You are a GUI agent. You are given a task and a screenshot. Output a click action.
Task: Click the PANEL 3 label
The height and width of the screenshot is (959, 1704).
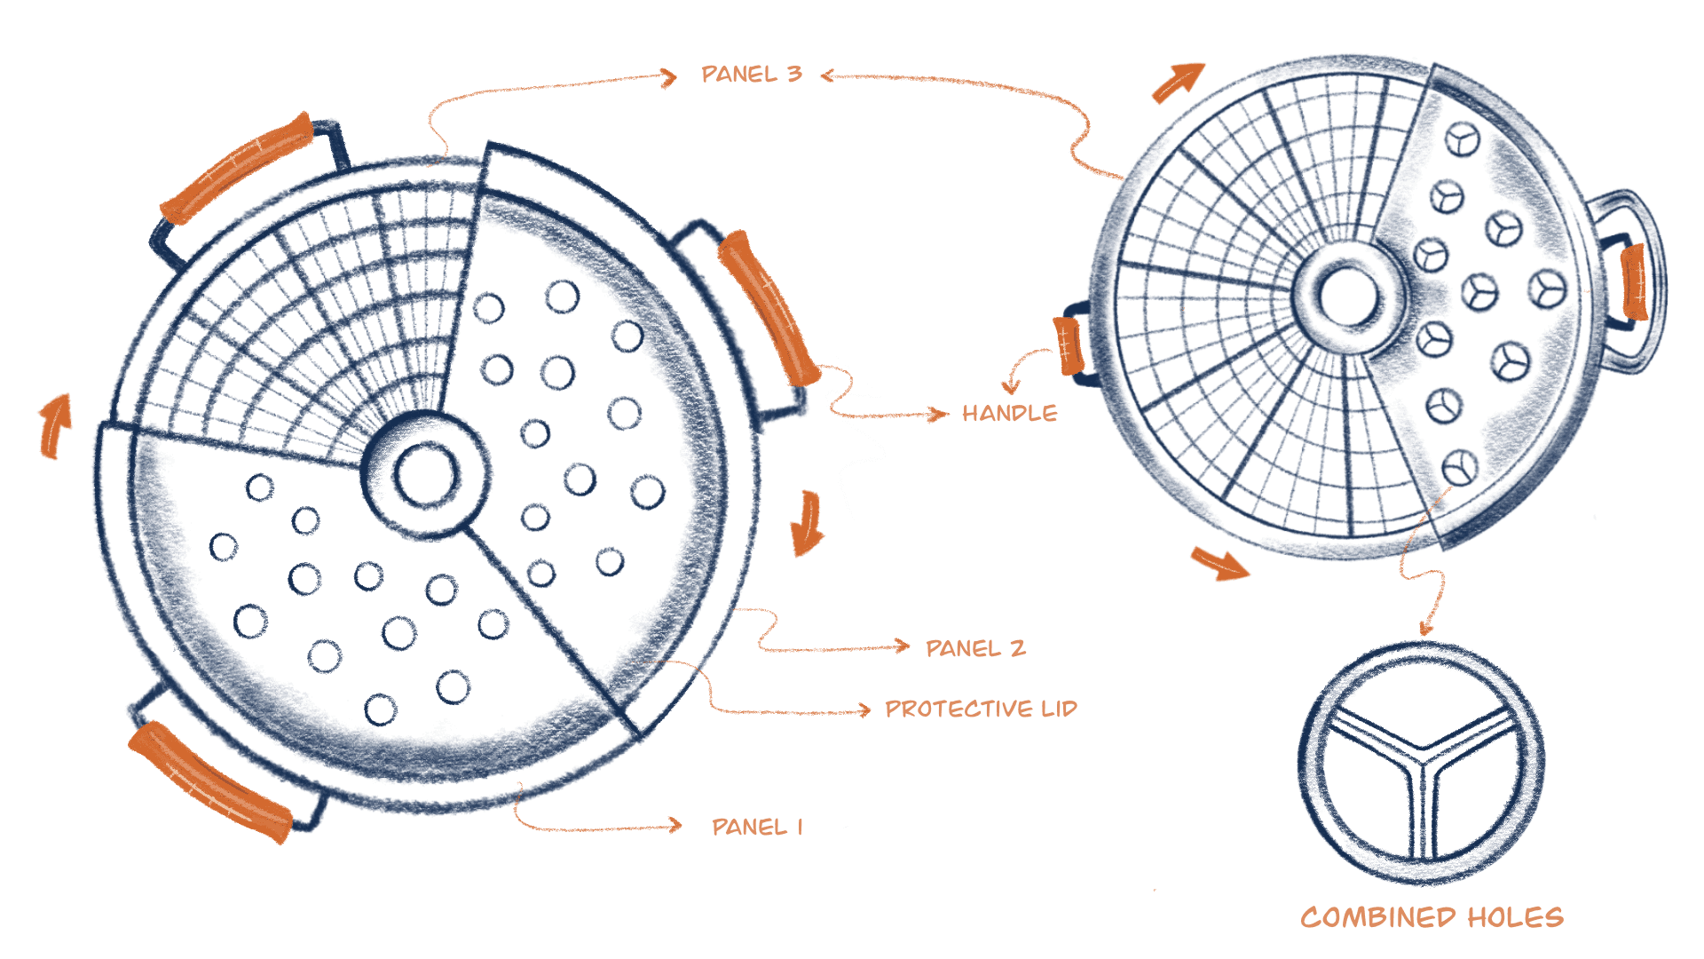[x=751, y=74]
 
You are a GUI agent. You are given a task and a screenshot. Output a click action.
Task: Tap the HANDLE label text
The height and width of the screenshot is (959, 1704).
[x=1009, y=413]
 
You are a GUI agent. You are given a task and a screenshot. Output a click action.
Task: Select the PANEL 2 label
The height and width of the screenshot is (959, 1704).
[x=975, y=648]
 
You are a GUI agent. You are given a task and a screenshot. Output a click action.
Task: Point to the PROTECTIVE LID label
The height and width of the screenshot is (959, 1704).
[x=981, y=709]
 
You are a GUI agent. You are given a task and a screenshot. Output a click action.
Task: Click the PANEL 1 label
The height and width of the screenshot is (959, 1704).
[x=757, y=827]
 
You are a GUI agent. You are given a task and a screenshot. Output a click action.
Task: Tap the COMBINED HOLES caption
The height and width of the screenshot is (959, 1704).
[x=1432, y=917]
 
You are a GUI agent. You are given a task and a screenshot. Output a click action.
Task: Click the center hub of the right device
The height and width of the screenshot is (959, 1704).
[x=1345, y=296]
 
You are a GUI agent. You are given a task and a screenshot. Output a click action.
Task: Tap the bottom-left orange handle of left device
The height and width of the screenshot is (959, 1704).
[x=209, y=781]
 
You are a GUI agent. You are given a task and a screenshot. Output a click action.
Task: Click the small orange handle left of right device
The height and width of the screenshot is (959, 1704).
[x=1068, y=346]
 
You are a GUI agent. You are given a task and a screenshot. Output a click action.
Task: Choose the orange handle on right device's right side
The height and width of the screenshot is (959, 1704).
[x=1634, y=281]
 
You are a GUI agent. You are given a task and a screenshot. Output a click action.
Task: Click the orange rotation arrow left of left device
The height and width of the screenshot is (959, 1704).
[x=55, y=426]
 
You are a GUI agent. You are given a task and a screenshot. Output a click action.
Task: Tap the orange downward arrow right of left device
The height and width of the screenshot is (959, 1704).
[x=807, y=524]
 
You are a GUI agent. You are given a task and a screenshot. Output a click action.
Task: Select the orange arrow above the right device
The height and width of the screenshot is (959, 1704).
[x=1179, y=83]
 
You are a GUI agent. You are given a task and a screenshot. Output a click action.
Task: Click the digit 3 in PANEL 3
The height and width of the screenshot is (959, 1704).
[x=793, y=74]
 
